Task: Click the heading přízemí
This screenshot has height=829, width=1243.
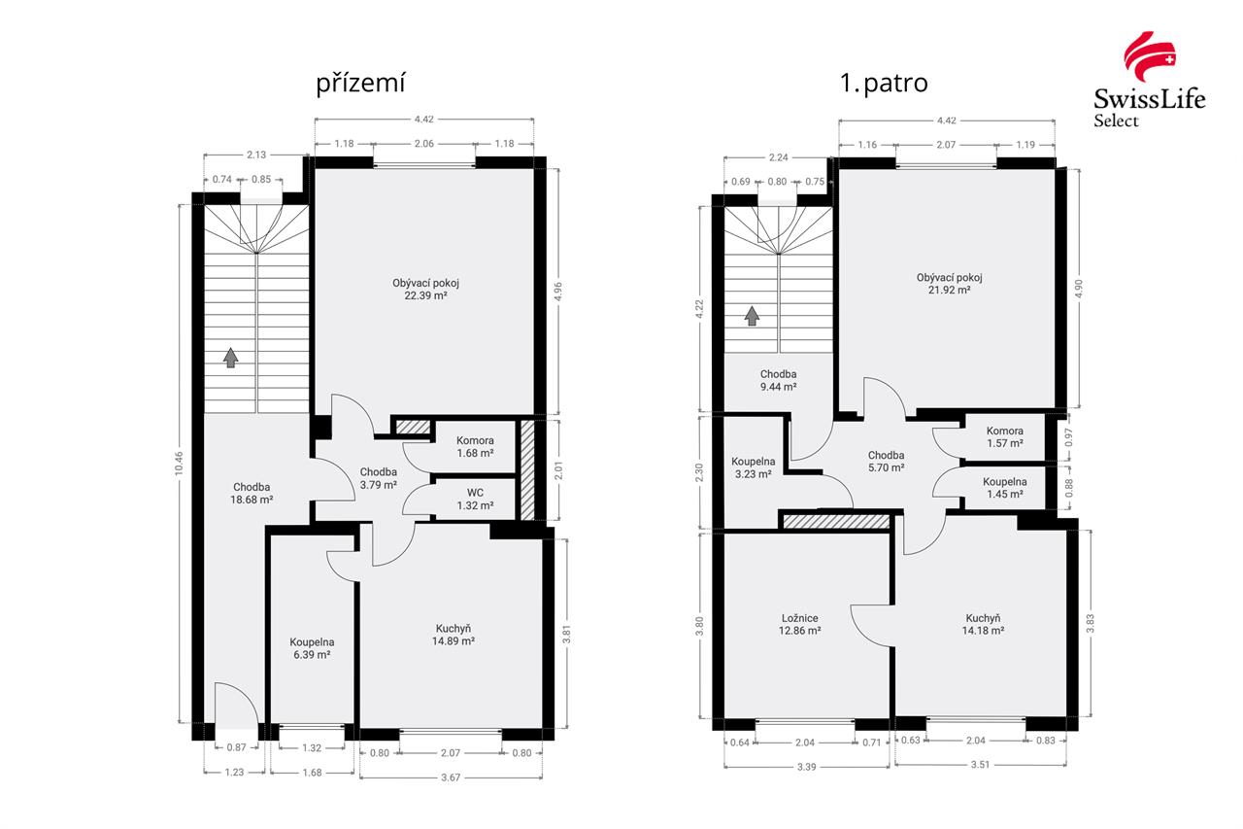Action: (360, 84)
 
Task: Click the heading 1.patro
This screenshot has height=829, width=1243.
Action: (884, 84)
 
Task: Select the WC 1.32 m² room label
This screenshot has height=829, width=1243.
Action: (475, 500)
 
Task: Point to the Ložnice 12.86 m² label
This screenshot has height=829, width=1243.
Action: (799, 624)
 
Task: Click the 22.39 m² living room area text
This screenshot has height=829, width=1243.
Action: (425, 295)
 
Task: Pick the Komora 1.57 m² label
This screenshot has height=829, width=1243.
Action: (1005, 437)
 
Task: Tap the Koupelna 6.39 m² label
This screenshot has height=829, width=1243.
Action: (312, 648)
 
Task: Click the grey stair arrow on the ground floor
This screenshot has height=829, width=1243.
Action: (231, 358)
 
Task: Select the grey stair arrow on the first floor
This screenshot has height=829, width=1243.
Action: (752, 316)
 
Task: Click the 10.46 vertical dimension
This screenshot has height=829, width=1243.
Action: (179, 463)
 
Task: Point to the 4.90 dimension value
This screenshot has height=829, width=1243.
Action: (1079, 289)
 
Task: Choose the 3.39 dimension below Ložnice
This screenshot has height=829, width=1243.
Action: (806, 767)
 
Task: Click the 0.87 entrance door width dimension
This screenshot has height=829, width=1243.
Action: (236, 747)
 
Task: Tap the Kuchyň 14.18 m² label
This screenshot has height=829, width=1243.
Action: (983, 624)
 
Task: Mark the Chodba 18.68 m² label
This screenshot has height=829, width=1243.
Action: (252, 493)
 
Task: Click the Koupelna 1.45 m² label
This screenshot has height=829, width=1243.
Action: (1005, 488)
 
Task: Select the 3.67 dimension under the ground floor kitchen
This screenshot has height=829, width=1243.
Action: (451, 777)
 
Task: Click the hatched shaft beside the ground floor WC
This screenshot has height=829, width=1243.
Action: (527, 470)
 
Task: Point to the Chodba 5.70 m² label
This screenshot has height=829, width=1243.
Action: (887, 462)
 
